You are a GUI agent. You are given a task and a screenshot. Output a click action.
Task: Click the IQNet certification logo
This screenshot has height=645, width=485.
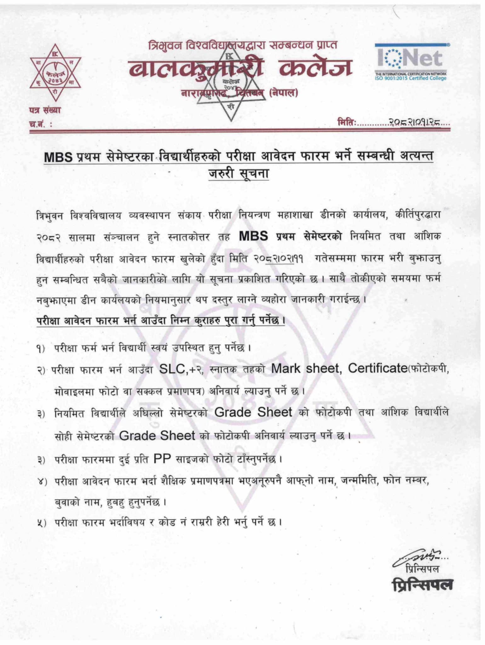tap(411, 62)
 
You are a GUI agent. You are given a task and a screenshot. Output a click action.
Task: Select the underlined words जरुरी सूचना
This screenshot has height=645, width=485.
tap(239, 174)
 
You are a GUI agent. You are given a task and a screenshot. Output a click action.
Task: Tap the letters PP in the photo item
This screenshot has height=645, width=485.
tap(162, 459)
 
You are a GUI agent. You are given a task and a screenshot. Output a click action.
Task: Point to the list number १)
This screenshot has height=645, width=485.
tap(41, 349)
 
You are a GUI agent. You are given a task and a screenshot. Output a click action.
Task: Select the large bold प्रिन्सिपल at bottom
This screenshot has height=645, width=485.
tap(422, 585)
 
